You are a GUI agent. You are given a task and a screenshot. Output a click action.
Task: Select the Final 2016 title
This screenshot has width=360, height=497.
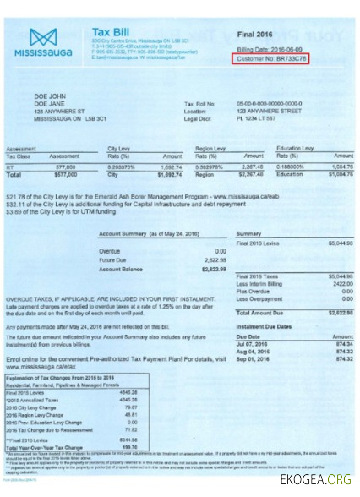(x=259, y=35)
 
